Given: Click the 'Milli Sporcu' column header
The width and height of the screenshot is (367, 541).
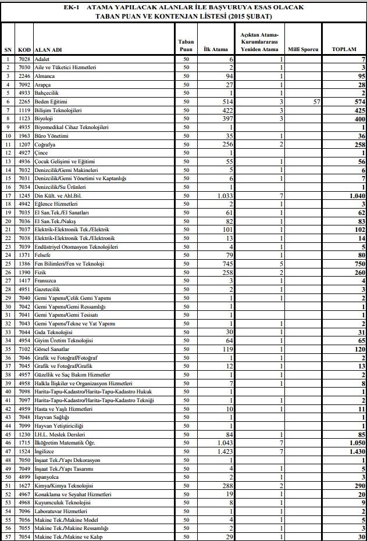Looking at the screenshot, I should tap(303, 49).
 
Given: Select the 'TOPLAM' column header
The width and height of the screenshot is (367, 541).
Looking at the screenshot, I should tap(344, 49).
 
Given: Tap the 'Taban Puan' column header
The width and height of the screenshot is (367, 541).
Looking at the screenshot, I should tap(186, 46).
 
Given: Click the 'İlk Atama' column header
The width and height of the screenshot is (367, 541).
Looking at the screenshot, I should tap(216, 49).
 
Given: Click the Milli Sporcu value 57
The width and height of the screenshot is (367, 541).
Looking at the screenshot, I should tap(316, 102).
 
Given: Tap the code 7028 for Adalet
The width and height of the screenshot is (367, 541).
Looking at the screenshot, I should tap(24, 59).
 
